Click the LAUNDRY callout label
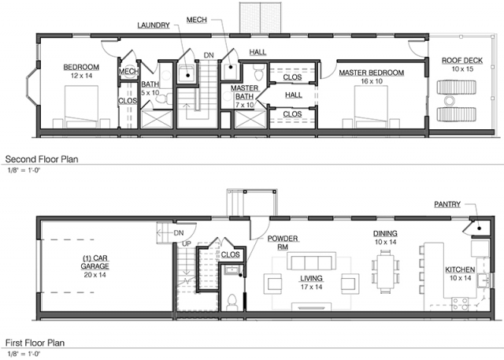click(x=154, y=25)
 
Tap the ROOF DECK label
click(x=462, y=61)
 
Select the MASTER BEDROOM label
click(x=371, y=72)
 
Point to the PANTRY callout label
click(x=447, y=204)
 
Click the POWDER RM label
click(x=283, y=243)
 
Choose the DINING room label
click(x=385, y=233)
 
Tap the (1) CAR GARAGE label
click(x=94, y=262)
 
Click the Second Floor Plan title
click(x=42, y=159)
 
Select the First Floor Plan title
click(x=35, y=343)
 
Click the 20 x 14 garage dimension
click(x=94, y=275)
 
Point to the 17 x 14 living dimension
click(x=312, y=287)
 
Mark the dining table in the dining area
click(x=385, y=272)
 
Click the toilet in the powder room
click(x=232, y=302)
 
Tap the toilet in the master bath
click(x=258, y=72)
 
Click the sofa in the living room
click(x=312, y=261)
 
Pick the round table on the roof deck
click(x=449, y=101)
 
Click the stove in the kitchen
click(x=460, y=304)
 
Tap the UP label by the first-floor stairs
click(x=187, y=244)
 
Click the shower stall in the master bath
click(x=250, y=119)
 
